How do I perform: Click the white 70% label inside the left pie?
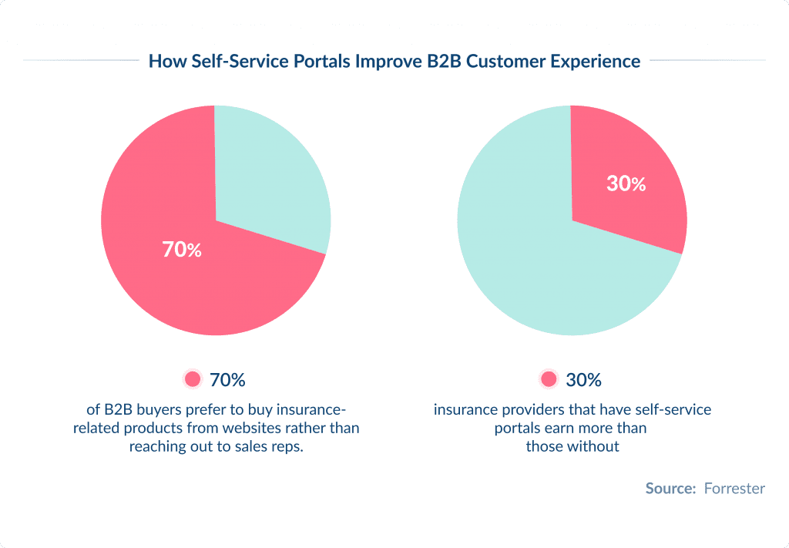click(x=182, y=250)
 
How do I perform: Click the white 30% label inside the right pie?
click(x=626, y=184)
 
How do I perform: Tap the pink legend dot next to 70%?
click(x=193, y=379)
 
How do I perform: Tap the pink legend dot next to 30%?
click(x=549, y=379)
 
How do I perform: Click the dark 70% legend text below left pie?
click(x=227, y=380)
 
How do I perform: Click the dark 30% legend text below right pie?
click(x=583, y=380)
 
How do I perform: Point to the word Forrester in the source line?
click(x=734, y=489)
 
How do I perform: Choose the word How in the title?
click(x=164, y=61)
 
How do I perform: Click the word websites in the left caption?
click(x=248, y=428)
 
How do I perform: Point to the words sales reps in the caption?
click(x=268, y=447)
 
